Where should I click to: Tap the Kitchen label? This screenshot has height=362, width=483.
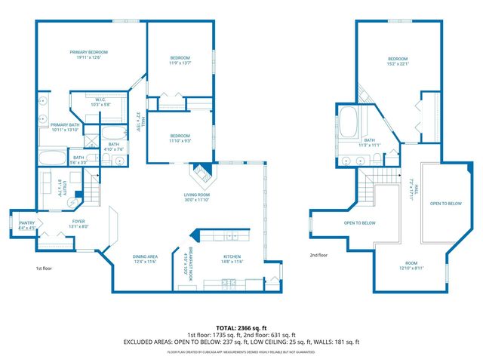tap(232, 259)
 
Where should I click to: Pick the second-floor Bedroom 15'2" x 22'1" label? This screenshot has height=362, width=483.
tap(398, 61)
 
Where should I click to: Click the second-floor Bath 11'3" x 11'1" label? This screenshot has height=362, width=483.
tap(370, 142)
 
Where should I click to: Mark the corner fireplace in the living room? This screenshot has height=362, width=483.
tap(201, 174)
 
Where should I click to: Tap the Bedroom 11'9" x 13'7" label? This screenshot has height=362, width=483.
tap(180, 61)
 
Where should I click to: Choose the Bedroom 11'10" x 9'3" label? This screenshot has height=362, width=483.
tap(180, 139)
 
